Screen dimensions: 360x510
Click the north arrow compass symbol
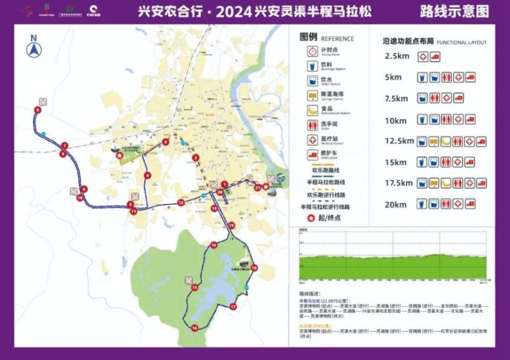(33, 48)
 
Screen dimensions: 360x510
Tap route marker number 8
(37, 110)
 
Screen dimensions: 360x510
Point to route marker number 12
(181, 203)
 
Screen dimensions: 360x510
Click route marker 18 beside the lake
(254, 268)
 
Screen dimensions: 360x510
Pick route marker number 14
(214, 245)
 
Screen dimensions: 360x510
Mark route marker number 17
(233, 306)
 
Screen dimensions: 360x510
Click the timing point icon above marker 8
(43, 101)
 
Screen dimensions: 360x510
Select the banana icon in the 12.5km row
(446, 141)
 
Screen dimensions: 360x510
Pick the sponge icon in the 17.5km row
(434, 184)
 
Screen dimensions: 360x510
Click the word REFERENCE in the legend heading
(337, 39)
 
